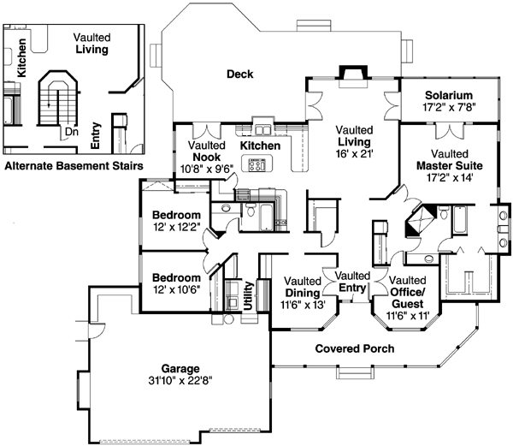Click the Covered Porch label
pos(354,349)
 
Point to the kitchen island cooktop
pos(257,166)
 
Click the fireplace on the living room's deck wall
pos(352,74)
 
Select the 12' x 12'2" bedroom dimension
pos(176,227)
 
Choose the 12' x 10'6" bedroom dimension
pos(176,290)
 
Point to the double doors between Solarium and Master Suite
pos(448,130)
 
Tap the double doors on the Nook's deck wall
pos(206,131)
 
